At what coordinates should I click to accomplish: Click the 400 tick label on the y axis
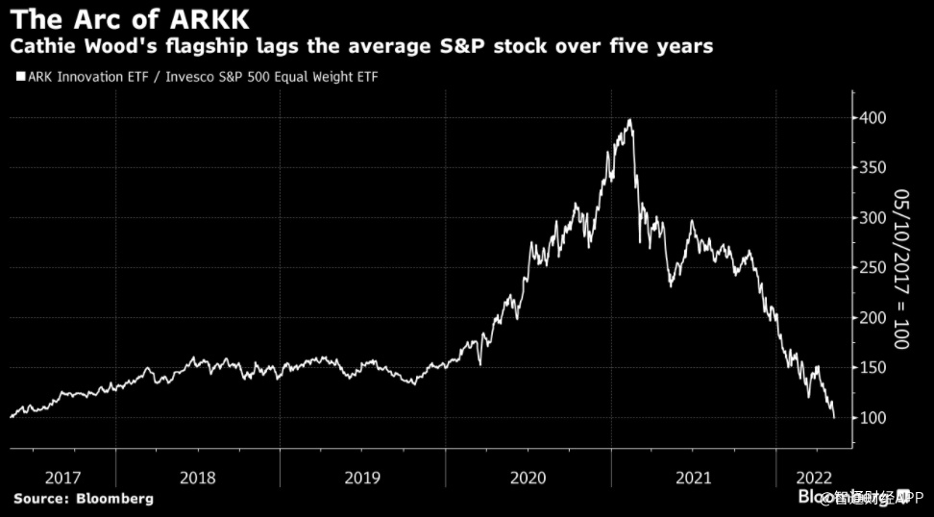pos(873,118)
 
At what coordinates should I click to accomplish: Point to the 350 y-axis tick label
pos(873,168)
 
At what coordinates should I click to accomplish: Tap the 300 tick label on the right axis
pos(873,218)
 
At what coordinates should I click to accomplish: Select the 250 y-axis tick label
pos(873,268)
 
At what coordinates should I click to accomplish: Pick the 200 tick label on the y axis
pos(873,318)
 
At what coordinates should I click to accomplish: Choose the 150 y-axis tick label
pos(873,368)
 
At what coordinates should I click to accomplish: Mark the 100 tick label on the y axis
pos(873,418)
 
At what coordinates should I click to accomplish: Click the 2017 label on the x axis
pos(62,478)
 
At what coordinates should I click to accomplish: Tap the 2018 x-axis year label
pos(198,478)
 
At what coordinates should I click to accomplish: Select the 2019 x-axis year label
pos(363,478)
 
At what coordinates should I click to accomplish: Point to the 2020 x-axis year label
pos(528,478)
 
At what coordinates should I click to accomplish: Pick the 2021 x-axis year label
pos(694,478)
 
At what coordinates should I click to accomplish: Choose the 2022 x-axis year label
pos(813,478)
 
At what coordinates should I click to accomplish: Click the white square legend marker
pos(20,76)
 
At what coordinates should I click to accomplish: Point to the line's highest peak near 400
pos(629,120)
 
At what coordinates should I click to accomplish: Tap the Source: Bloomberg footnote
pos(84,499)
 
